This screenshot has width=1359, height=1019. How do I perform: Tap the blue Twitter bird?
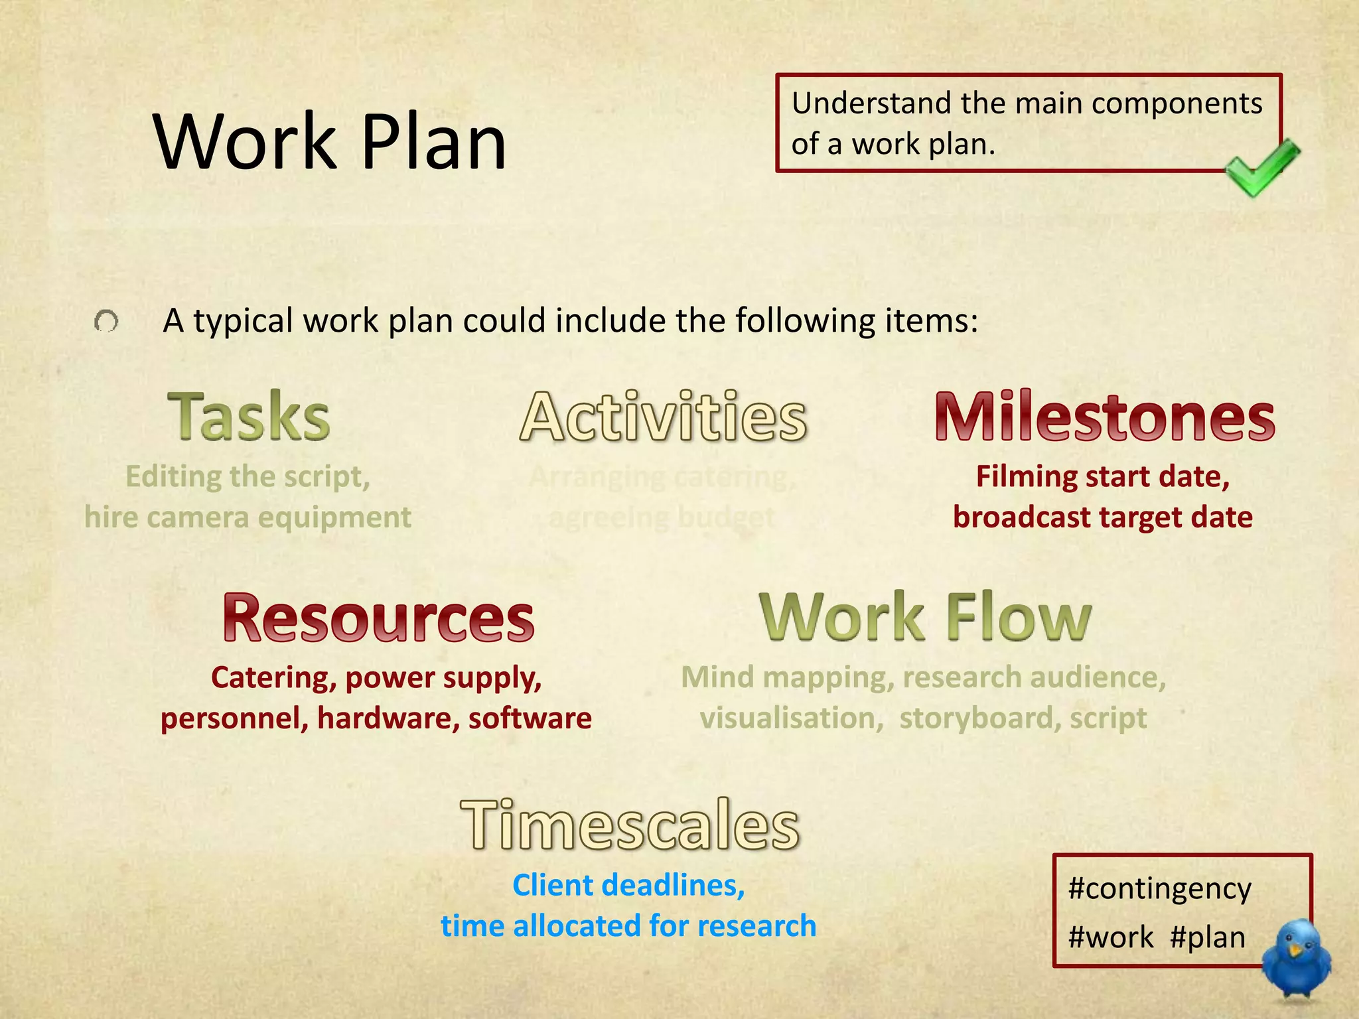(x=1296, y=959)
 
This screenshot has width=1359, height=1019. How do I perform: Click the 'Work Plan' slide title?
(x=330, y=142)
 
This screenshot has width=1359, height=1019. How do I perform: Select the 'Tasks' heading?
(x=249, y=417)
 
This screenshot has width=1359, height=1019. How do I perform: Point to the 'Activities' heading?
(x=664, y=417)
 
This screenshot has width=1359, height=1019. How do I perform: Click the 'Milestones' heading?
(x=1104, y=417)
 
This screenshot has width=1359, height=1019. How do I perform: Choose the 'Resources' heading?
(x=378, y=618)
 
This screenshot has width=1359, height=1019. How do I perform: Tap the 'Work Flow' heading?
(x=925, y=618)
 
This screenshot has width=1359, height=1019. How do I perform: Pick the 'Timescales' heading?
(x=630, y=825)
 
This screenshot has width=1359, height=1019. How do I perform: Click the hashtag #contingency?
(x=1159, y=889)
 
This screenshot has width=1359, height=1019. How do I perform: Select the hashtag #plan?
(x=1208, y=937)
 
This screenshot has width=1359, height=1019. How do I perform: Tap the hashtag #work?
(x=1111, y=937)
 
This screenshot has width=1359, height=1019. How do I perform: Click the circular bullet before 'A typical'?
(x=106, y=322)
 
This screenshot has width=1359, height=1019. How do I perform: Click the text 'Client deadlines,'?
(x=628, y=886)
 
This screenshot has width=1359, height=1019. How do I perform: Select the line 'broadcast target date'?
(x=1103, y=517)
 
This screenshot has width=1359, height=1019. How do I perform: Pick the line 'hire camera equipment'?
(x=248, y=517)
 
